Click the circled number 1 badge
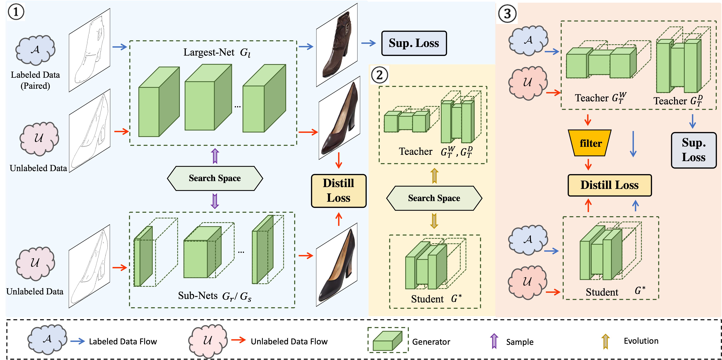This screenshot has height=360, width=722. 16,12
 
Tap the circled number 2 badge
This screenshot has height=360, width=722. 379,75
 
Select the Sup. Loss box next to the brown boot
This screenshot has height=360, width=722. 414,43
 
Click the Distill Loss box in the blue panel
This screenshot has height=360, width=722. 339,191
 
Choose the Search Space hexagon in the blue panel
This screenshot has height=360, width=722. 215,178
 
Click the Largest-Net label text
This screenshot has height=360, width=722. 209,52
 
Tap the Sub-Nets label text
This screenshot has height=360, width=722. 198,296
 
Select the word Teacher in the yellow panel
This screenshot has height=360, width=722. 415,152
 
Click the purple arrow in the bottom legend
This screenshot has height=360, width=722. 494,341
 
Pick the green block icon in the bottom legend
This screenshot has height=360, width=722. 388,340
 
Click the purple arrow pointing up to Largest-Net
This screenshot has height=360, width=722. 215,156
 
